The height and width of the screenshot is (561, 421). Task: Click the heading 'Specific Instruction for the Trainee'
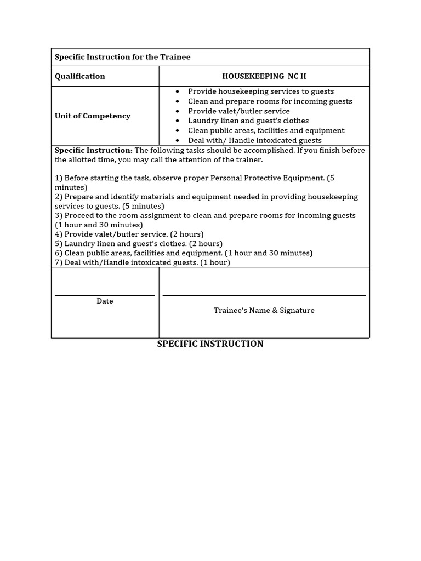[x=122, y=57]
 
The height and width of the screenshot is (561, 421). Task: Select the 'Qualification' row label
[x=79, y=76]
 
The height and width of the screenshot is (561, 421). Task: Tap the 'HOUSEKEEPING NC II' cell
[x=264, y=76]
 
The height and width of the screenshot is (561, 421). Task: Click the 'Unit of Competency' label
[x=93, y=116]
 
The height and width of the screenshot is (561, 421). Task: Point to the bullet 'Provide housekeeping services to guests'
[x=260, y=91]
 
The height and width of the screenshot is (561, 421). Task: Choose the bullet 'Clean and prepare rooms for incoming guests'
[x=270, y=101]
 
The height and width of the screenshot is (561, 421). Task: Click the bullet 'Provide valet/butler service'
[x=238, y=111]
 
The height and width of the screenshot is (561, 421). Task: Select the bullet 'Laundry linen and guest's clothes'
[x=248, y=121]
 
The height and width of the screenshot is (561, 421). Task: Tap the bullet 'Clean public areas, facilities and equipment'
[x=266, y=130]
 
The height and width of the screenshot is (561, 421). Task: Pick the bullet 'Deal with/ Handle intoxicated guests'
[x=254, y=140]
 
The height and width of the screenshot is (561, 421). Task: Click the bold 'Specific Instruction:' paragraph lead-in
[x=94, y=150]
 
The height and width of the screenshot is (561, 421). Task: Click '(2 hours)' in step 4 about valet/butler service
[x=187, y=234]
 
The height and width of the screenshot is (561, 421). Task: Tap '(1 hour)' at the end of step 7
[x=215, y=262]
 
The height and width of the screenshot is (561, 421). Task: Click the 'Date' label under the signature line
[x=105, y=301]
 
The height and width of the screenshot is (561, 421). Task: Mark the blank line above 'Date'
[x=105, y=296]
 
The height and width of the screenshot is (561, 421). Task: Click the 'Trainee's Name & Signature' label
[x=264, y=310]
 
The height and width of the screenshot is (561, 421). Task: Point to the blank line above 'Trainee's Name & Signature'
[x=264, y=296]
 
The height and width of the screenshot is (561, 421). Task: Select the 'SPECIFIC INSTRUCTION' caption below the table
[x=210, y=344]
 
